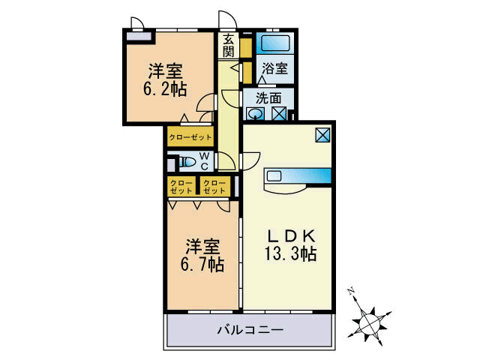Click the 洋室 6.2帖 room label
click(x=166, y=79)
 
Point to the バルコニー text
click(x=250, y=328)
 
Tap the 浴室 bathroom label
click(x=273, y=68)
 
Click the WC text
click(x=204, y=162)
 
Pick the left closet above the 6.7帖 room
click(x=181, y=187)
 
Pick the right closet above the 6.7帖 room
click(x=214, y=187)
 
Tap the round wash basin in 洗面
click(x=256, y=114)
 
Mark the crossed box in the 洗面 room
click(x=278, y=114)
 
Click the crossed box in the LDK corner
click(x=323, y=135)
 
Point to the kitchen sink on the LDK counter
click(x=273, y=176)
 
